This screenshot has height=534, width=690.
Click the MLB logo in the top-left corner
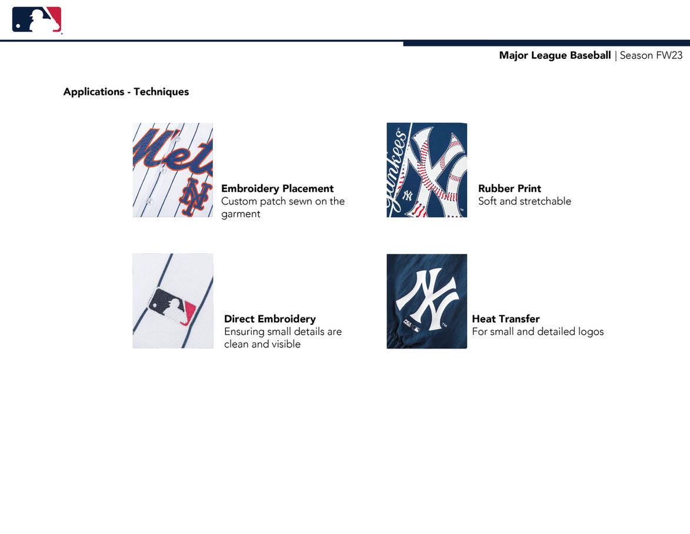pos(37,20)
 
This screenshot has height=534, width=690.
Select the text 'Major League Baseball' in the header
pos(555,55)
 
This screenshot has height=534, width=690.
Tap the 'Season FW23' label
pos(651,55)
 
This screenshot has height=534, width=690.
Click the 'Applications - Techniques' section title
pos(126,92)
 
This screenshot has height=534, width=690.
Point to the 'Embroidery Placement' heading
pos(277,188)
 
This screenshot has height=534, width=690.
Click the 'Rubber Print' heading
pos(509,188)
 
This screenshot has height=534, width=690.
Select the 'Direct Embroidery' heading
pos(270,319)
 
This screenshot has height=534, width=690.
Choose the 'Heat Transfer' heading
pos(506,319)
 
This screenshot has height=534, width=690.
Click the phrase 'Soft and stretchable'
pos(525,201)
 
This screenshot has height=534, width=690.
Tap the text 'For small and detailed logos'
pos(538,332)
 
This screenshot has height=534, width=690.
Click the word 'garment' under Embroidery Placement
pos(241,214)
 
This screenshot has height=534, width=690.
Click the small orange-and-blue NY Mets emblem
pos(193,196)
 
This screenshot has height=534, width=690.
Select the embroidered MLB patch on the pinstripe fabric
pos(172,306)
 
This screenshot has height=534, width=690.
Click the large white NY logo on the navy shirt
pos(426,299)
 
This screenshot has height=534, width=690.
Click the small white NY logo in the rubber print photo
pos(408,195)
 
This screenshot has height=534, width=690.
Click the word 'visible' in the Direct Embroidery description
pos(286,344)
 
